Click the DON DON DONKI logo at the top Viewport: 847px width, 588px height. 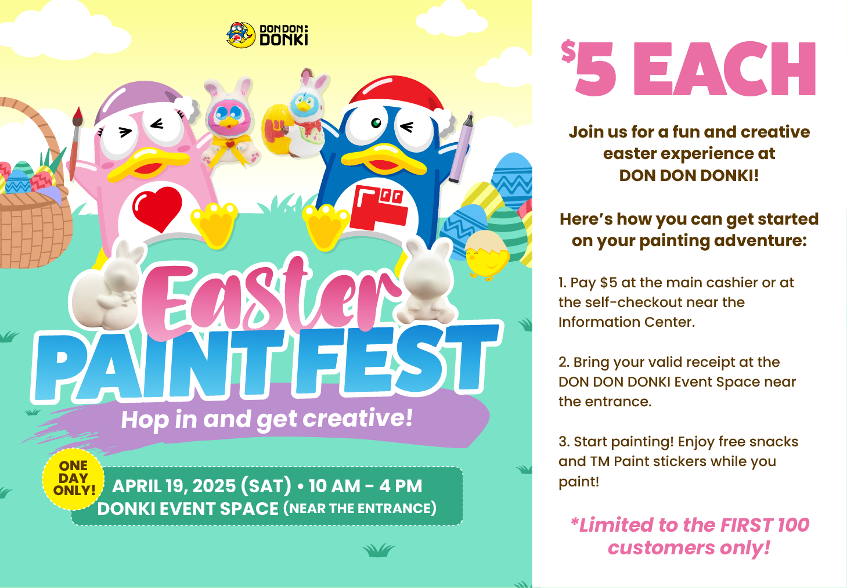click(267, 35)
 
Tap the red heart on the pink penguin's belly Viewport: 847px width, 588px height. click(157, 208)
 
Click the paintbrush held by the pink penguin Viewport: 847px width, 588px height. click(75, 143)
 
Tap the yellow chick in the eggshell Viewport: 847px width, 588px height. click(485, 255)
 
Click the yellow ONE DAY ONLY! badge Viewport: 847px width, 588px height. click(74, 478)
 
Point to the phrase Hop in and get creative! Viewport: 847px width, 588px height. click(266, 419)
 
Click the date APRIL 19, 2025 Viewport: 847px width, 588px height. click(174, 486)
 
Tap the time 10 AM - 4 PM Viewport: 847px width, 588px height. click(365, 486)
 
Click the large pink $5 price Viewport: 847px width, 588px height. click(589, 68)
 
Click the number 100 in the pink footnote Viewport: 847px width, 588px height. click(794, 525)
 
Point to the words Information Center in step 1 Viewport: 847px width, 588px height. click(626, 322)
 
